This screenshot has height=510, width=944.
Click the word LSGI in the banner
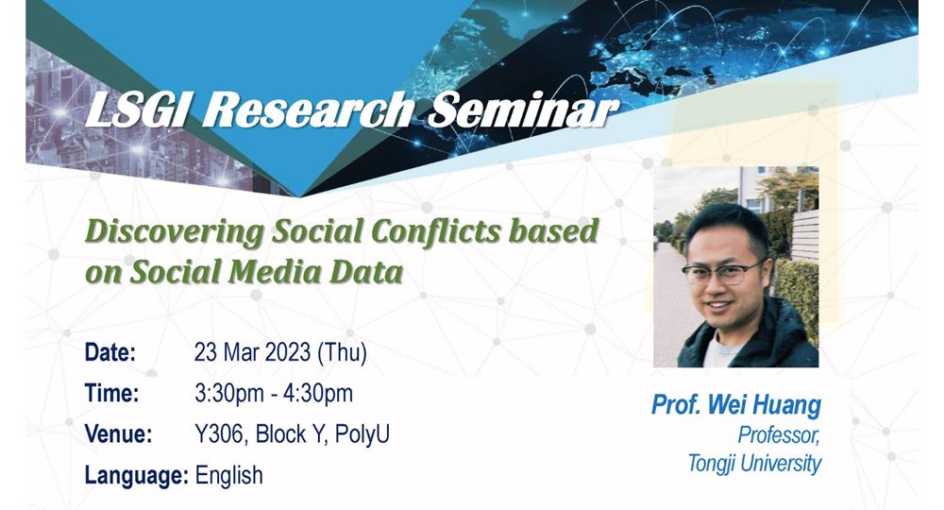(x=136, y=110)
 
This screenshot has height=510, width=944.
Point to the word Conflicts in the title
(x=435, y=231)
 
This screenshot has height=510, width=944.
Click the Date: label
(x=110, y=353)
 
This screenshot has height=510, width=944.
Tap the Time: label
(x=111, y=394)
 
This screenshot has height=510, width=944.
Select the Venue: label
(x=119, y=434)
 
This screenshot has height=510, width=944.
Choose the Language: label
(x=137, y=476)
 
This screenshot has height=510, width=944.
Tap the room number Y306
(x=219, y=434)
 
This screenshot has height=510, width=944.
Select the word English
(x=228, y=476)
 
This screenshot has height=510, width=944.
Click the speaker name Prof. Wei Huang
(x=736, y=405)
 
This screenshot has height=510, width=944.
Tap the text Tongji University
(x=754, y=464)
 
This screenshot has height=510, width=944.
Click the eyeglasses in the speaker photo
(x=722, y=273)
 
